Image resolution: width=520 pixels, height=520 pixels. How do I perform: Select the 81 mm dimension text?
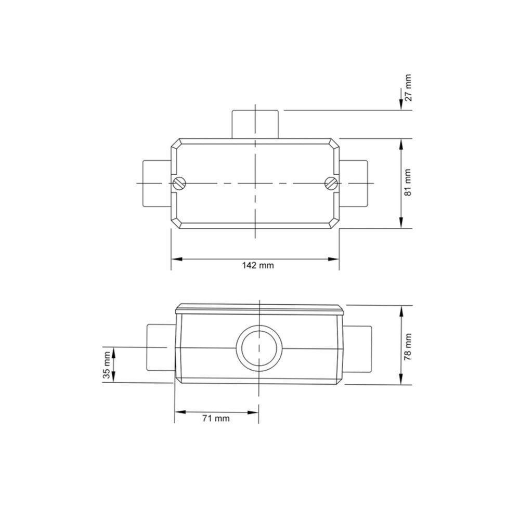click(408, 183)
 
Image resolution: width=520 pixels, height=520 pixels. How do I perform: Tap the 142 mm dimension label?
click(257, 265)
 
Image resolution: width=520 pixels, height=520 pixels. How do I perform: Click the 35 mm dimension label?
click(107, 366)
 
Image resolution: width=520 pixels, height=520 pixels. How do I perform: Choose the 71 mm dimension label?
click(215, 418)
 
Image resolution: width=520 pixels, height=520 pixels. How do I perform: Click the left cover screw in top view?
click(179, 183)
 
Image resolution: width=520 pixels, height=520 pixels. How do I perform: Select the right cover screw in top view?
click(331, 183)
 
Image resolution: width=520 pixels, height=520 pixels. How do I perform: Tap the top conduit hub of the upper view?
click(255, 124)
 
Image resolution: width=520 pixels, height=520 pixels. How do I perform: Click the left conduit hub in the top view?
click(155, 183)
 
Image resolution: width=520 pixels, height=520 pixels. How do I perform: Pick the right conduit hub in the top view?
click(355, 183)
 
